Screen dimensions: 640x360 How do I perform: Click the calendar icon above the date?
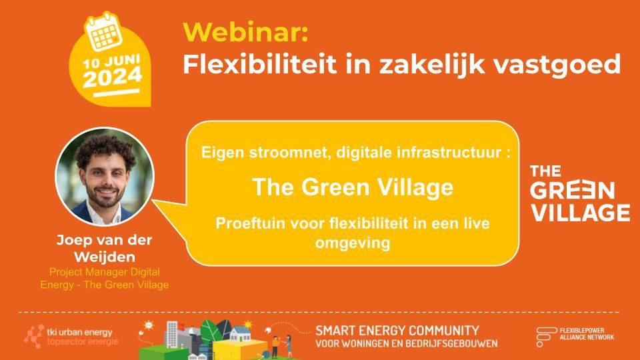point(104,32)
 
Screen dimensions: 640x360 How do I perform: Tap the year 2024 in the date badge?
point(113,77)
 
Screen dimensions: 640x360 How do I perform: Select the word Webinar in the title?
point(245,32)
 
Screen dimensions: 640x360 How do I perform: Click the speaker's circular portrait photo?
point(105,176)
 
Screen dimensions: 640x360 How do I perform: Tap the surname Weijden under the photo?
point(105,257)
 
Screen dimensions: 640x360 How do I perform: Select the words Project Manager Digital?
point(105,272)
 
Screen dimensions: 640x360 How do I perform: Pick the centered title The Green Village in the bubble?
point(353,187)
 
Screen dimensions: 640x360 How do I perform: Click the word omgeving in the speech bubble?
point(353,243)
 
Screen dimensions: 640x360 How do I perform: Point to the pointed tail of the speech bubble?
point(153,201)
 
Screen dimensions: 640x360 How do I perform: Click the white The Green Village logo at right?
point(579,193)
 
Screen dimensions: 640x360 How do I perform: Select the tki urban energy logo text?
point(79,332)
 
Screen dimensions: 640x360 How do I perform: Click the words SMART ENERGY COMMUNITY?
point(397,330)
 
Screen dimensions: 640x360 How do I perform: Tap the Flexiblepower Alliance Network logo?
point(575,336)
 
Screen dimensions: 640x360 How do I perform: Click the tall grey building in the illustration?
point(173,335)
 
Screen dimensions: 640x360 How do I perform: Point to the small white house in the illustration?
point(240,334)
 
